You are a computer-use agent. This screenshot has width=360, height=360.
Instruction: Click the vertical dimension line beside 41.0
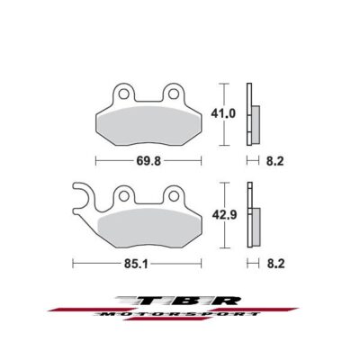coord(220,114)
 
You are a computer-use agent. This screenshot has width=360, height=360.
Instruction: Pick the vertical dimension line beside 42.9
coord(220,217)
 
